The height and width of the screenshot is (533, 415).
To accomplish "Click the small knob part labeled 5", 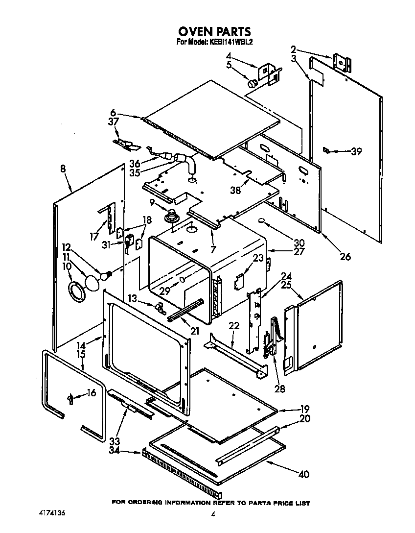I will [x=253, y=84].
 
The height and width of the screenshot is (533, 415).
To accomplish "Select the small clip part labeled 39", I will [x=326, y=150].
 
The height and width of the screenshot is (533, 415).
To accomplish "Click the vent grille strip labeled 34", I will [x=181, y=471].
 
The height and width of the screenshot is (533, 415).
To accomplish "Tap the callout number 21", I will [x=195, y=331].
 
